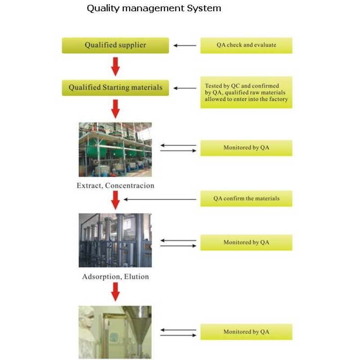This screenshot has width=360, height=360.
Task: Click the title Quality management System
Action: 154,8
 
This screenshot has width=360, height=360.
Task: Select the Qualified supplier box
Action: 115,45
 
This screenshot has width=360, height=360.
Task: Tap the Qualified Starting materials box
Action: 115,87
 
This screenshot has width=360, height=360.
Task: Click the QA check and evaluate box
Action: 246,45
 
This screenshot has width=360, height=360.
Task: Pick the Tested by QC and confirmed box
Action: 246,92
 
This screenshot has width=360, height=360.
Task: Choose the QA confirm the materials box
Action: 246,198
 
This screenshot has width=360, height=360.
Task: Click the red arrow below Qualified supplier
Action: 116,67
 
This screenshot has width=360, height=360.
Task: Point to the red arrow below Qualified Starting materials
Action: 116,109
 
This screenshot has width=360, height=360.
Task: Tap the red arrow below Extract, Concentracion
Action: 116,200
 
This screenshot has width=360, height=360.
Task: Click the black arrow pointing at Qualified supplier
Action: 185,45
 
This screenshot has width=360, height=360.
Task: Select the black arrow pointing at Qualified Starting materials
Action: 185,88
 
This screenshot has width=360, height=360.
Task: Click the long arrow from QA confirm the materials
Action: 160,199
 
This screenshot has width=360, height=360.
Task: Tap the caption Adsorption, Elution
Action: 115,277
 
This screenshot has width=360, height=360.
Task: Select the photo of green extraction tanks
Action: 115,149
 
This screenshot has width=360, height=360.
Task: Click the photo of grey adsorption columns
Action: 115,240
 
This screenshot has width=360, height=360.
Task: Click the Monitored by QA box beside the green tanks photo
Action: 246,148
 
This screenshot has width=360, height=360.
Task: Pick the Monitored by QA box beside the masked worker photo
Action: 246,332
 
